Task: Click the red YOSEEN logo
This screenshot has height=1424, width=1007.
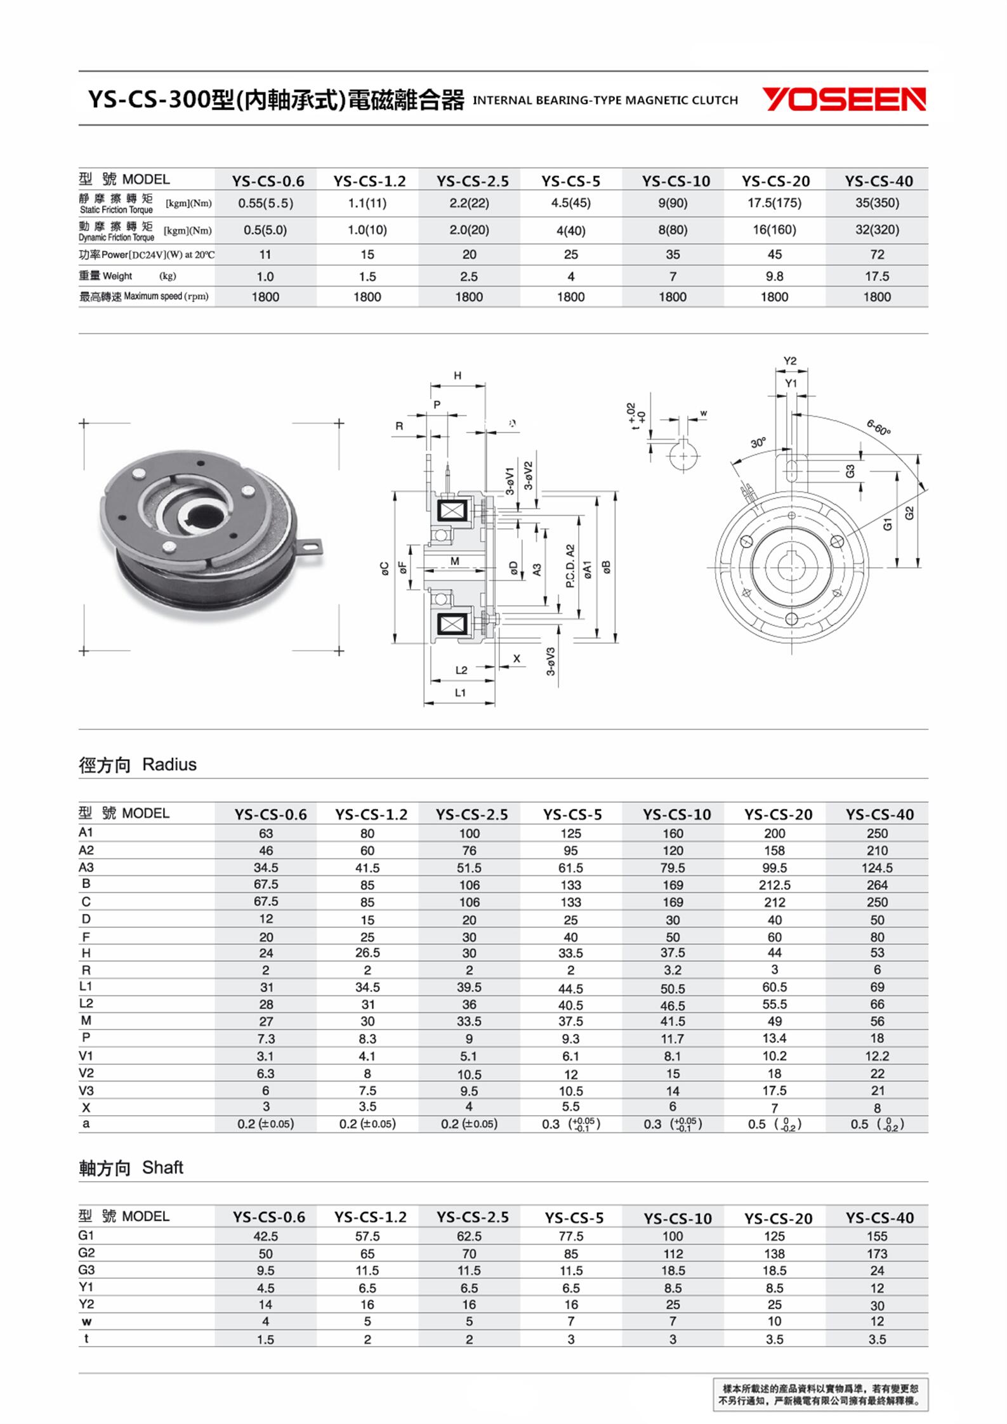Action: [843, 100]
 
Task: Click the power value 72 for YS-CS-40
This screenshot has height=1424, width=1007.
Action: [877, 254]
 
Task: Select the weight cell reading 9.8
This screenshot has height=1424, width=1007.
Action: [774, 277]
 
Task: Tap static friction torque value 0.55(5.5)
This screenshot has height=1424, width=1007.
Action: [265, 203]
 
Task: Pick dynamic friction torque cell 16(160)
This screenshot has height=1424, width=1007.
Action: [774, 230]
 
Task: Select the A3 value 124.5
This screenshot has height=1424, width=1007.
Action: [877, 867]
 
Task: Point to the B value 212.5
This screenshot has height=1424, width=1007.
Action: [774, 885]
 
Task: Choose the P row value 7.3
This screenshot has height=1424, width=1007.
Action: [265, 1038]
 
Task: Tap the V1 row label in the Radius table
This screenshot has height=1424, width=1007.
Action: [86, 1055]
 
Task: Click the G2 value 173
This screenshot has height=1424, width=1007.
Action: [877, 1253]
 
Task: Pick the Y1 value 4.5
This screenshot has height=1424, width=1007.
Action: [265, 1288]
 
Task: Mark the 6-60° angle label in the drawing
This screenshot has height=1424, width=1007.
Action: [879, 428]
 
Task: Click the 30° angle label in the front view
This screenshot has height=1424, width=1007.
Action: [758, 443]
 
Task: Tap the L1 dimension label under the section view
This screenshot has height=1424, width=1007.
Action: [461, 693]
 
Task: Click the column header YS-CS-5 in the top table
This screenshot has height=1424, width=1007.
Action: [570, 181]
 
